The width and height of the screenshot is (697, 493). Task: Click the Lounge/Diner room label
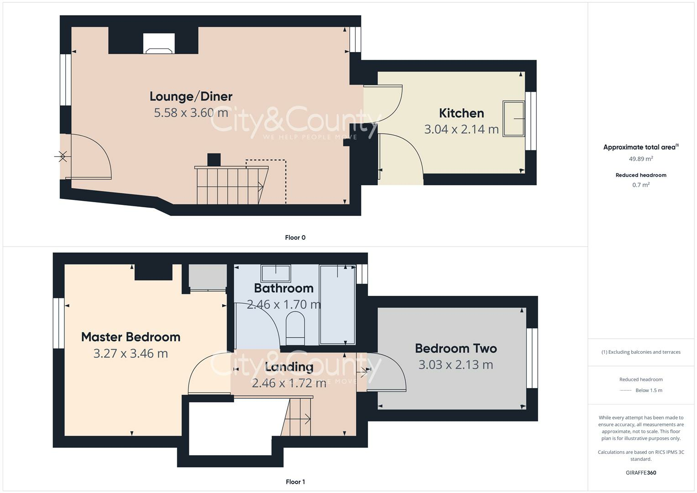(x=191, y=96)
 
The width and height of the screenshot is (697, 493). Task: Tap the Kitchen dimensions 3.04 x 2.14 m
(x=461, y=129)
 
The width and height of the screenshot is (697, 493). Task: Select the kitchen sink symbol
(x=514, y=118)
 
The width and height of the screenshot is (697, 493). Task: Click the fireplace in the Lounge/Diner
(x=159, y=43)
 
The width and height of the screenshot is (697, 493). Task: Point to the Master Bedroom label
(x=131, y=337)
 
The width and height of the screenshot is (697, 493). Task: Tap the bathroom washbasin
(x=276, y=273)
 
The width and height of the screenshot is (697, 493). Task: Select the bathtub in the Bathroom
(x=337, y=304)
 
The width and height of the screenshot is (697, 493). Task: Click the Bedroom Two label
(x=456, y=348)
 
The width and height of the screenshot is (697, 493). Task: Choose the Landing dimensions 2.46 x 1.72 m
(x=289, y=383)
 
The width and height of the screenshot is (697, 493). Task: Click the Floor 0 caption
(x=295, y=237)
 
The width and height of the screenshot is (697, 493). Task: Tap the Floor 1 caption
(x=295, y=482)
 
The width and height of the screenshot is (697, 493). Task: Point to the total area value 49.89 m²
(x=641, y=159)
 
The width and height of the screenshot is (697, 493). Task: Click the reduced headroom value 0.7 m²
(x=641, y=185)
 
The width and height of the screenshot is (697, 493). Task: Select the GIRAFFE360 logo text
(x=641, y=472)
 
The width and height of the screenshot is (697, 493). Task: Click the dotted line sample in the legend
(x=626, y=390)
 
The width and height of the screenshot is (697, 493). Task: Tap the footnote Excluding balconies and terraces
(x=641, y=352)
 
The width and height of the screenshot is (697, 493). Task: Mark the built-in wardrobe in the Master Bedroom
(x=208, y=277)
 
